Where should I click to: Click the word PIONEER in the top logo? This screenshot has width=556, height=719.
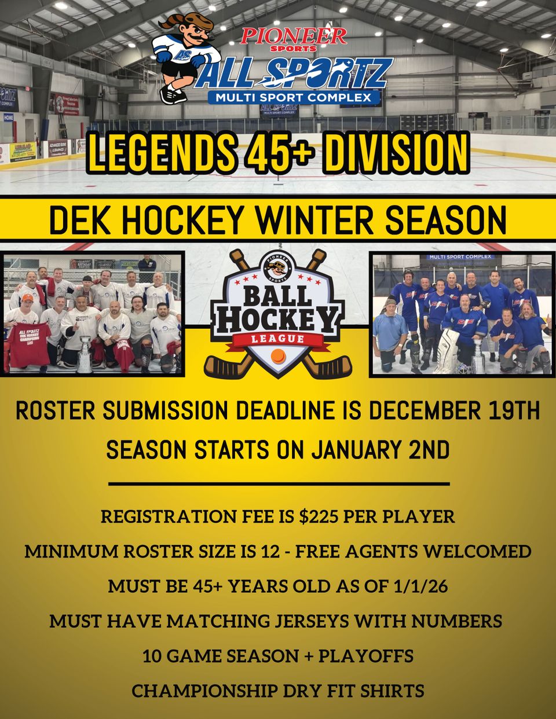pos(294,36)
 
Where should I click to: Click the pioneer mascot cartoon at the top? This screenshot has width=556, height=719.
pos(184,58)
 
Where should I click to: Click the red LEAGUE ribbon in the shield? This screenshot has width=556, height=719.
pos(277,339)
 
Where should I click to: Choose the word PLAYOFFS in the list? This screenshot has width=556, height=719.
pos(365,656)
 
